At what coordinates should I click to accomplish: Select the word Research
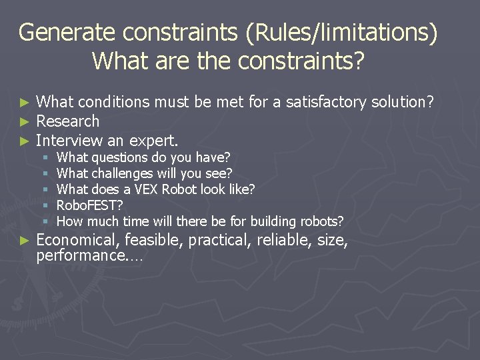click(67, 121)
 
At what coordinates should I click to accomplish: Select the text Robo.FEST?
click(89, 205)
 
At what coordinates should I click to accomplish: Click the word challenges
click(122, 173)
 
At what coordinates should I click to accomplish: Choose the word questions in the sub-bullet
click(120, 157)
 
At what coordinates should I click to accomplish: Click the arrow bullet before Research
click(25, 122)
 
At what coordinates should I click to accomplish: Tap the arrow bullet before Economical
click(25, 241)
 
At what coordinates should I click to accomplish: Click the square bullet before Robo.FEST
click(45, 206)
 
